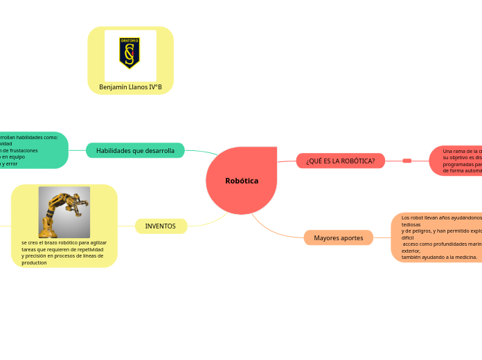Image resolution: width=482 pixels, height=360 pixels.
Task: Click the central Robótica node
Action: (x=242, y=181)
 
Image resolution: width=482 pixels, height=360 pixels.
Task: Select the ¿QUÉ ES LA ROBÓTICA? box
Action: (x=340, y=161)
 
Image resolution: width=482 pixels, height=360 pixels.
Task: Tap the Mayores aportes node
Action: (x=338, y=238)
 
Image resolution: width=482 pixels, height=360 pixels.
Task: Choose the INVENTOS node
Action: (x=160, y=226)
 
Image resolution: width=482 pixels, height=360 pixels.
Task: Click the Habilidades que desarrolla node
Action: (x=135, y=150)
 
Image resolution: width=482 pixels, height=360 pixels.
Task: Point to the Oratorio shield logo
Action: (x=130, y=53)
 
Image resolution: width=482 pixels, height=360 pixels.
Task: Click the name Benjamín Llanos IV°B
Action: (x=130, y=87)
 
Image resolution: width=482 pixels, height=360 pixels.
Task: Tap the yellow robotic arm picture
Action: (x=64, y=212)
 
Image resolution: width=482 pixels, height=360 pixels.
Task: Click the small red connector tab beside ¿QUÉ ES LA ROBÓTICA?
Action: (x=407, y=161)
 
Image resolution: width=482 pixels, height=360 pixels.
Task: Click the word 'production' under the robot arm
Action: (x=35, y=263)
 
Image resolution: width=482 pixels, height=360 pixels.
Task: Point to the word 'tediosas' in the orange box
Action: (x=411, y=224)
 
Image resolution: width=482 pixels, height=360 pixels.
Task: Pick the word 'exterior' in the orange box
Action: (x=411, y=251)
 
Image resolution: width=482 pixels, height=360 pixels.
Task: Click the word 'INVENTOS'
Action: (x=160, y=226)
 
